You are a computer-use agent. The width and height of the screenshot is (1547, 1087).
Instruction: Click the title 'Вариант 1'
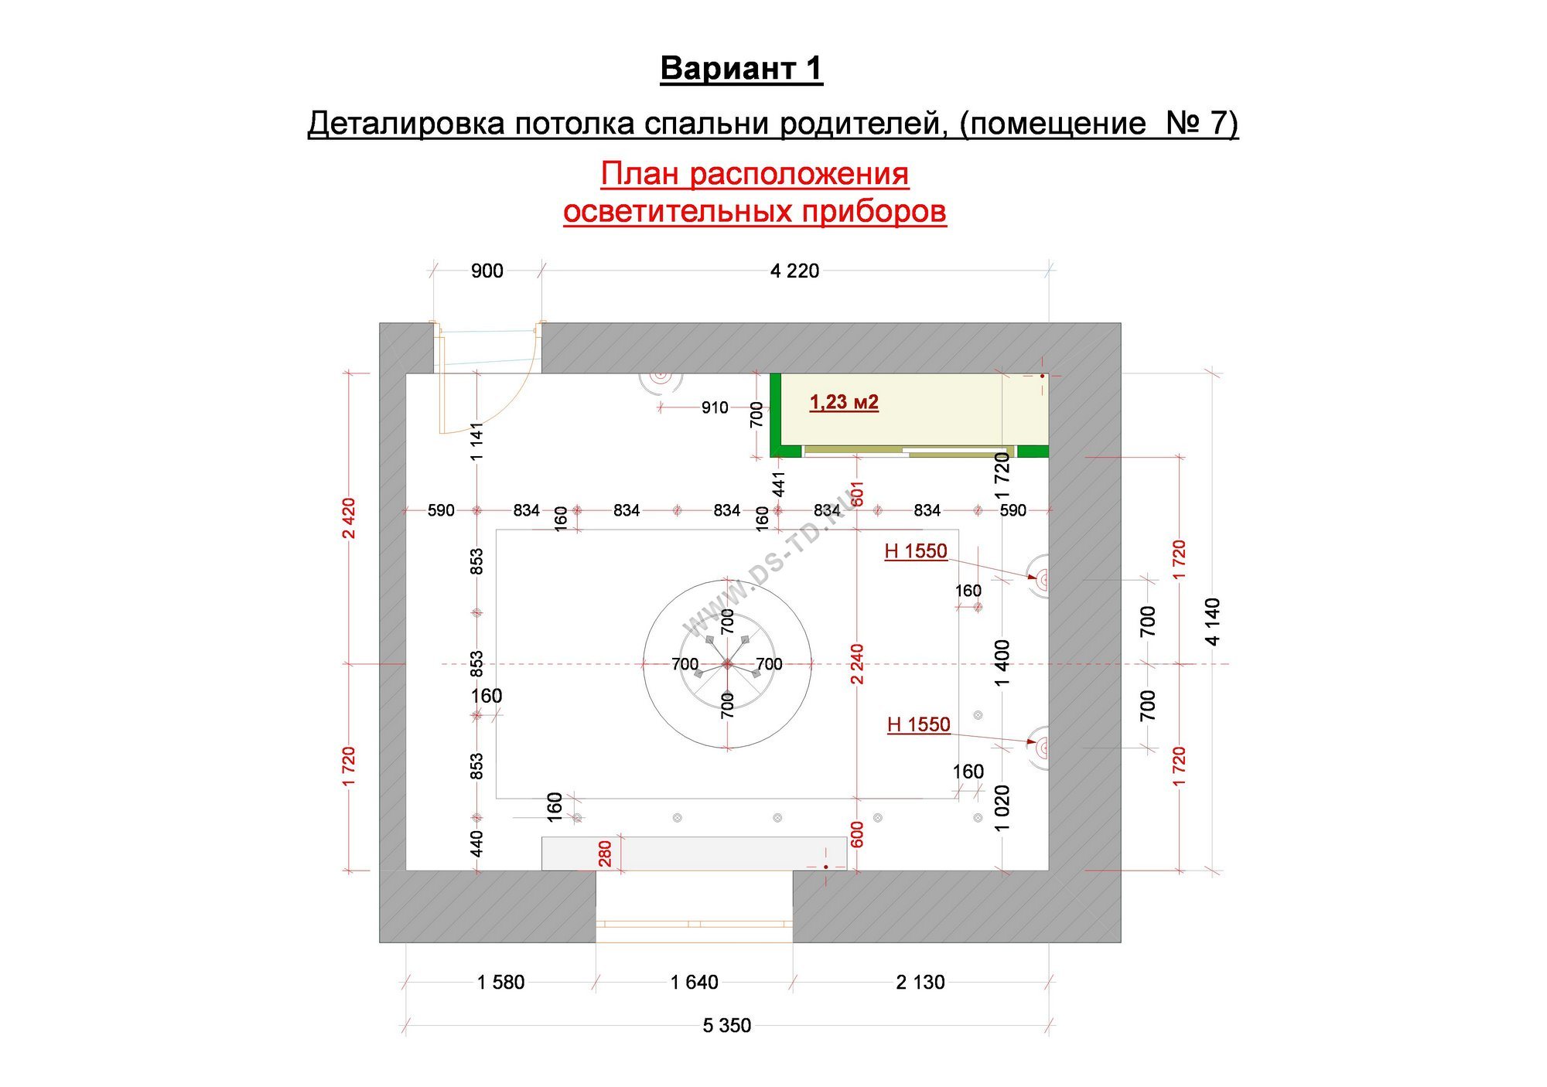pyautogui.click(x=741, y=68)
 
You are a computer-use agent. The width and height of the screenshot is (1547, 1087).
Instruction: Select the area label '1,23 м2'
pyautogui.click(x=844, y=402)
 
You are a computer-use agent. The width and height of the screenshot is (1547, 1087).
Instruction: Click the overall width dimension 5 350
pyautogui.click(x=727, y=1025)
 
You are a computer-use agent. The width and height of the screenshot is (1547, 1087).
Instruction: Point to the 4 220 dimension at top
pyautogui.click(x=794, y=271)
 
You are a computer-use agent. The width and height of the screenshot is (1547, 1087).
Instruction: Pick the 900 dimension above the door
pyautogui.click(x=487, y=271)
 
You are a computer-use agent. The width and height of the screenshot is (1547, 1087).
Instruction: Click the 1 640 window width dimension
pyautogui.click(x=694, y=982)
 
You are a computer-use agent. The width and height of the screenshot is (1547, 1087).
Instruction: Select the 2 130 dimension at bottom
pyautogui.click(x=920, y=982)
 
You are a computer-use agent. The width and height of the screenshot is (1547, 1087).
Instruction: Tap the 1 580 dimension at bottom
pyautogui.click(x=500, y=982)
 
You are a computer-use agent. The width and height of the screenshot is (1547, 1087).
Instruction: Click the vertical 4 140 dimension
pyautogui.click(x=1212, y=622)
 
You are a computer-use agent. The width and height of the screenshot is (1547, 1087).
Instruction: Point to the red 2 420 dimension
pyautogui.click(x=349, y=518)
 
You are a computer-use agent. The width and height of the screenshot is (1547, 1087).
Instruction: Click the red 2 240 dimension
pyautogui.click(x=857, y=663)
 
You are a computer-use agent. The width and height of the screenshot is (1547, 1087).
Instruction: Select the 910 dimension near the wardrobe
pyautogui.click(x=715, y=407)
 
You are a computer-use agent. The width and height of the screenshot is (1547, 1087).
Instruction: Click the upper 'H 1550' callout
pyautogui.click(x=916, y=550)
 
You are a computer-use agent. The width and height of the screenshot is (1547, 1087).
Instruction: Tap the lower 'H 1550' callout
pyautogui.click(x=919, y=724)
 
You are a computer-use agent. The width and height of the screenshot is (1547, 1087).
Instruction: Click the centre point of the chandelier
pyautogui.click(x=727, y=663)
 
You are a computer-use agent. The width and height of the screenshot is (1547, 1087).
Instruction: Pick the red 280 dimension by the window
pyautogui.click(x=605, y=854)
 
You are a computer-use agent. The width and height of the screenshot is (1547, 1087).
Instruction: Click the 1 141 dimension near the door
pyautogui.click(x=476, y=441)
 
